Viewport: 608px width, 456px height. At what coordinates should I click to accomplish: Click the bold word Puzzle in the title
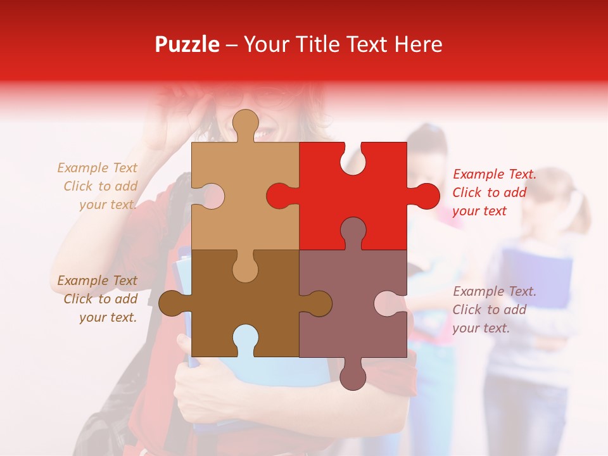point(187,44)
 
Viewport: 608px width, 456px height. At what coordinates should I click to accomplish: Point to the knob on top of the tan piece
point(245,123)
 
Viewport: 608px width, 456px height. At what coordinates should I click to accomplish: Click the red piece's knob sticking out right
point(425,196)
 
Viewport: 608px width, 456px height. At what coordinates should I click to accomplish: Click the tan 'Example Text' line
point(97,168)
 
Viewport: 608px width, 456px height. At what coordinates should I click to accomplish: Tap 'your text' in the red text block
point(479,211)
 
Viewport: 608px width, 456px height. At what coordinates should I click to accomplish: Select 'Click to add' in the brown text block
point(100,299)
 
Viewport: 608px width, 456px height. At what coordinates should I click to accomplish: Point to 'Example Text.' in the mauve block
point(494,291)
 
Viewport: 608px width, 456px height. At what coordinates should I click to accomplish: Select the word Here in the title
point(418,44)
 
